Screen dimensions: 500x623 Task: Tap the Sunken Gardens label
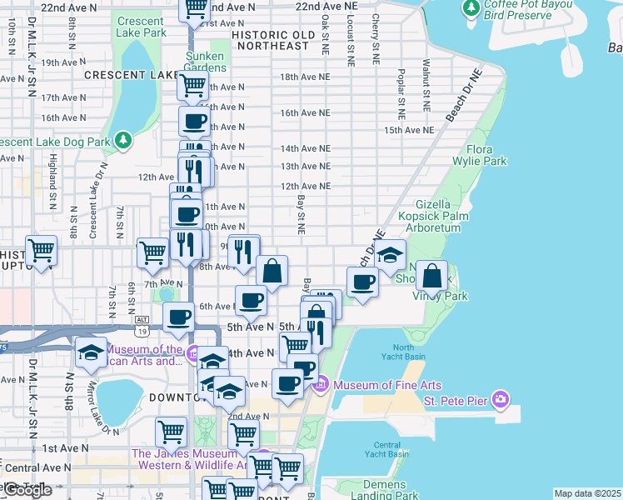tap(204, 62)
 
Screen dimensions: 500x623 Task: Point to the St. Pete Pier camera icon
tap(500, 400)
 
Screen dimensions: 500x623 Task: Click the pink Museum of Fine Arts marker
tap(321, 383)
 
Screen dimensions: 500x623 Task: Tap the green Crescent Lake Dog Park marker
tap(124, 139)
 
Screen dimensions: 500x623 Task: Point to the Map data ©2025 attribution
tap(587, 493)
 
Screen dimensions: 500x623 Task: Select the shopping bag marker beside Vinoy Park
tap(432, 276)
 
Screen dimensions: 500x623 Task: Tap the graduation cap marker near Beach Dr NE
tap(389, 255)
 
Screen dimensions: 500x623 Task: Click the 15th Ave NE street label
tap(409, 130)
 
